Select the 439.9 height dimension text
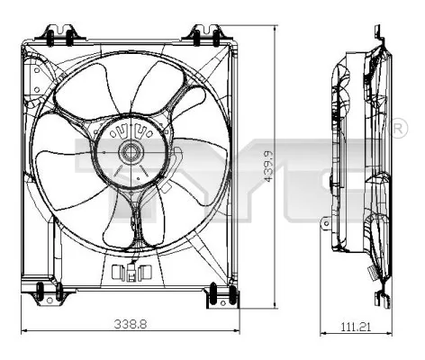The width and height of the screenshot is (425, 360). click(x=267, y=166)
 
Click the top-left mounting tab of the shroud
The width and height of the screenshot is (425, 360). click(x=59, y=34)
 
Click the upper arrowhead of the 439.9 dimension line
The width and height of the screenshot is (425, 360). click(x=276, y=30)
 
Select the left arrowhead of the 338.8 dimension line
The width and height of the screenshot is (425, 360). click(x=24, y=330)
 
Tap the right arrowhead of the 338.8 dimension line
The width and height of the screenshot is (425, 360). click(x=235, y=330)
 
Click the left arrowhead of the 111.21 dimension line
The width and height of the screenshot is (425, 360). click(x=323, y=330)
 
